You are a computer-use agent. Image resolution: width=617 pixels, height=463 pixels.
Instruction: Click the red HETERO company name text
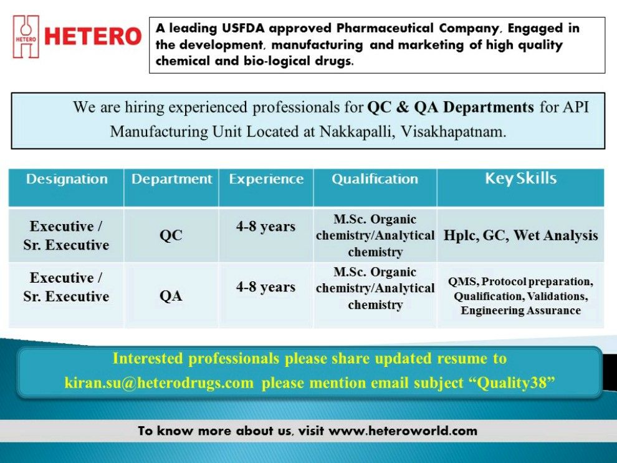point(93,36)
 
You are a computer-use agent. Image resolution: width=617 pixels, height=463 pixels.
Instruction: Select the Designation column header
point(67,179)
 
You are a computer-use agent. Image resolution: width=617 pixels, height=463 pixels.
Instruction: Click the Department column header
point(171,179)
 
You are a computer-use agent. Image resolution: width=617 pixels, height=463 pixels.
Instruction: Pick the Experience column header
point(266,179)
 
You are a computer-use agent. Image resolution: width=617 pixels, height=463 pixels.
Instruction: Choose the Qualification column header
point(375,179)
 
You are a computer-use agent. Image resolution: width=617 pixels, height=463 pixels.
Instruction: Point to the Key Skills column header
point(520,178)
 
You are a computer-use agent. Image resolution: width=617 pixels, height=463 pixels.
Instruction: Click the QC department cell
point(171,236)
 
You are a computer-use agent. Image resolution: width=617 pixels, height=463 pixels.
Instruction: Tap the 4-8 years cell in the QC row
point(265,227)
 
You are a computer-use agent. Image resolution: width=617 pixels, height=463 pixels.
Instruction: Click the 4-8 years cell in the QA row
point(265,288)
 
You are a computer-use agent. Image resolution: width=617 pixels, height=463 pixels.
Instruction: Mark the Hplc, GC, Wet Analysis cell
point(520,236)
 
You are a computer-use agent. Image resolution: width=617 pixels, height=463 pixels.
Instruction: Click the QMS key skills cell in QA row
point(520,296)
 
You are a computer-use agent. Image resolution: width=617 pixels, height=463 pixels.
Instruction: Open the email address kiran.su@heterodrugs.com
point(159,383)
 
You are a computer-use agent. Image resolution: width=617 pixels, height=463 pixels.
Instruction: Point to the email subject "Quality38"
point(515,383)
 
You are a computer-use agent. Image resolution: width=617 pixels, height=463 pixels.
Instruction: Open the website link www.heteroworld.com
point(403,431)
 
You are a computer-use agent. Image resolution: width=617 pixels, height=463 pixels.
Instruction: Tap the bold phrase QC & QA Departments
point(450,107)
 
